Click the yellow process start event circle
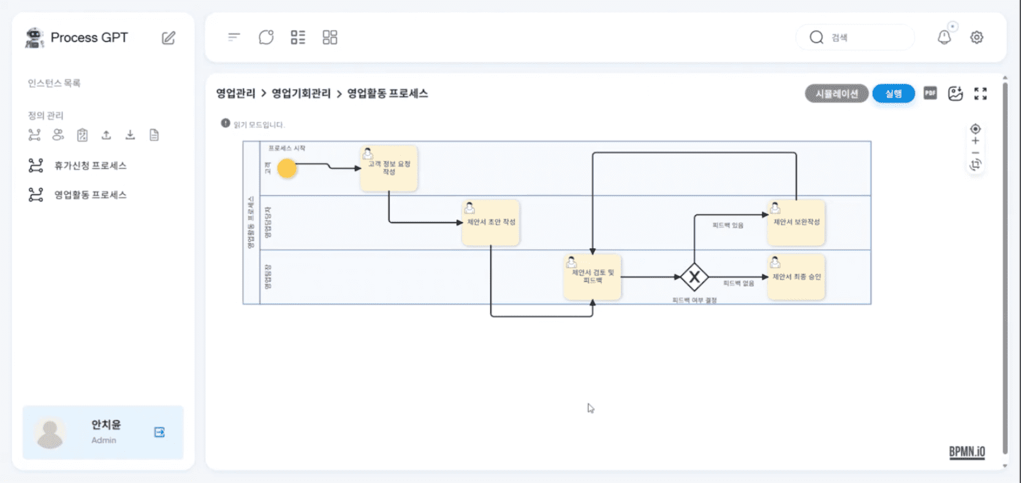[287, 168]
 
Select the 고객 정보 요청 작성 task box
[389, 169]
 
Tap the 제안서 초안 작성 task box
[491, 222]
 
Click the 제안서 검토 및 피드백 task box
[593, 277]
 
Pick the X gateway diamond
[694, 277]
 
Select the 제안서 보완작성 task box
[796, 222]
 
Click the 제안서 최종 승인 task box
[796, 277]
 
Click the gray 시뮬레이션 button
[837, 94]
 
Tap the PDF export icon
[930, 93]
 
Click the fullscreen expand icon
[981, 93]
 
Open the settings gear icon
[977, 37]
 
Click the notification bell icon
[944, 37]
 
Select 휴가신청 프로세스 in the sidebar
[90, 165]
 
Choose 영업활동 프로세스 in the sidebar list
[90, 195]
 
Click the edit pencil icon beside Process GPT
[169, 38]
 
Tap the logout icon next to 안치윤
[159, 432]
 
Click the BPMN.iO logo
[967, 452]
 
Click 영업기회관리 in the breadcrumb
[301, 93]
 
